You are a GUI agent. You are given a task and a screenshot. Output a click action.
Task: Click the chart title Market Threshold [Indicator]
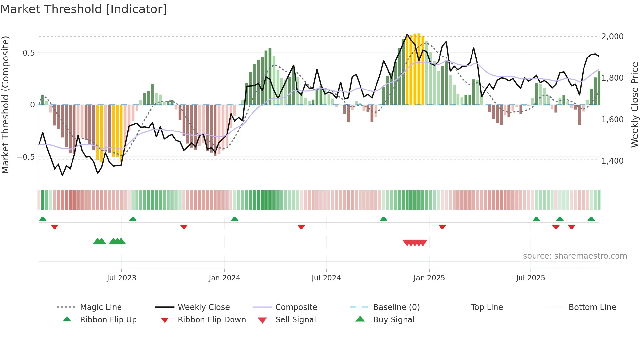pyautogui.click(x=84, y=9)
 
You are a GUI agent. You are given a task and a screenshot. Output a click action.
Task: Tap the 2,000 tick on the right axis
pyautogui.click(x=612, y=37)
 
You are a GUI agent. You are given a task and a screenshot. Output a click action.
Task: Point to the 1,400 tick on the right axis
pyautogui.click(x=612, y=161)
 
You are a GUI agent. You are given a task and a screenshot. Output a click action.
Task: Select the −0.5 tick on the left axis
pyautogui.click(x=25, y=157)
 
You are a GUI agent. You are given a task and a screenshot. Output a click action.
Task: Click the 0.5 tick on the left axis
pyautogui.click(x=28, y=53)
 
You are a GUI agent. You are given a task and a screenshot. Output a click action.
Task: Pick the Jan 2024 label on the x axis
pyautogui.click(x=224, y=278)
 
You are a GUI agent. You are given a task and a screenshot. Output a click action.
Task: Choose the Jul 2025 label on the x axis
pyautogui.click(x=530, y=278)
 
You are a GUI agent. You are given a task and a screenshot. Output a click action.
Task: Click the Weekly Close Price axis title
pyautogui.click(x=634, y=105)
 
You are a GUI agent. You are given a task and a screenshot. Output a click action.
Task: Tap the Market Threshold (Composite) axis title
pyautogui.click(x=6, y=105)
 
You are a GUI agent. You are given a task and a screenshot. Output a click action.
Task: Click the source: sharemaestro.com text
pyautogui.click(x=575, y=256)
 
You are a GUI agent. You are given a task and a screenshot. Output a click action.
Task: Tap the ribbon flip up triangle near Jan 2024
pyautogui.click(x=234, y=219)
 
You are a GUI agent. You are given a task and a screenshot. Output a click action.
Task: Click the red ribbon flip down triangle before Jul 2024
pyautogui.click(x=301, y=227)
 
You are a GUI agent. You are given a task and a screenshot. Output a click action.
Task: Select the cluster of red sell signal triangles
pyautogui.click(x=415, y=243)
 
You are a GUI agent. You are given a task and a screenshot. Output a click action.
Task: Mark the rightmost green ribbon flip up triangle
pyautogui.click(x=591, y=219)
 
